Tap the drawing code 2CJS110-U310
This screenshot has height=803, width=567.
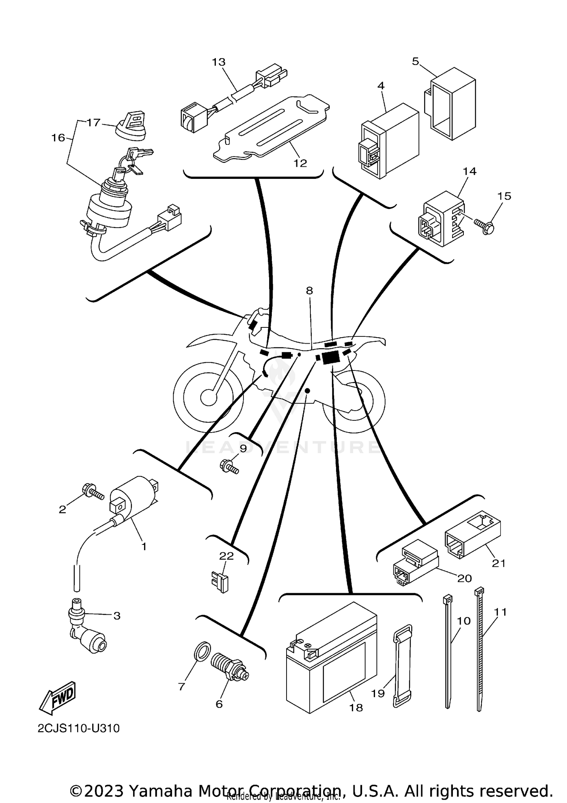[79, 729]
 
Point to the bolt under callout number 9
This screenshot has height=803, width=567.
[229, 466]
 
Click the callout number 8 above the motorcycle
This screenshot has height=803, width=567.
[309, 291]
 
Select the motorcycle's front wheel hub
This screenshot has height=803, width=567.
[208, 397]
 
